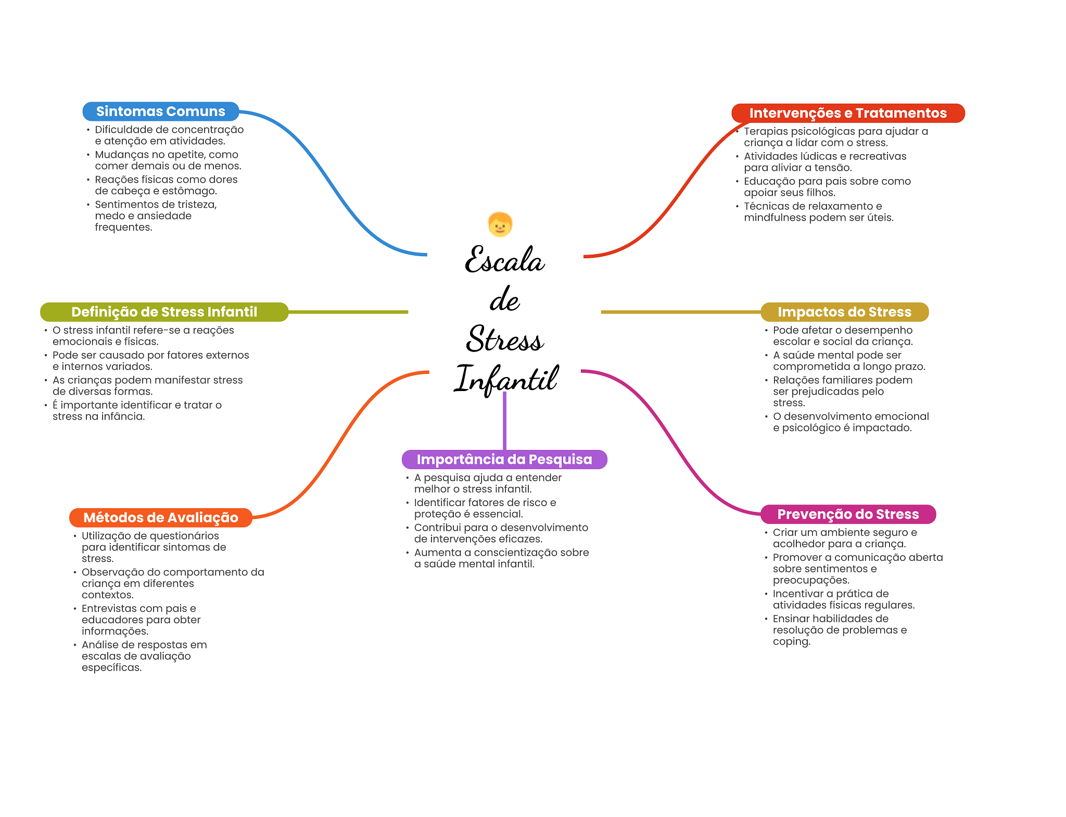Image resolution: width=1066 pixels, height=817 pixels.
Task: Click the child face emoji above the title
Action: coord(500,224)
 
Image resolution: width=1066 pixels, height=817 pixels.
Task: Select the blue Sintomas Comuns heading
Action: coord(161,111)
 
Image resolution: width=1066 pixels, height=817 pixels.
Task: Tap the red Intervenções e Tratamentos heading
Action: coord(848,113)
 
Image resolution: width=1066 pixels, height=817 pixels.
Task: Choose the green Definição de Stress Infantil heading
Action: coord(164,312)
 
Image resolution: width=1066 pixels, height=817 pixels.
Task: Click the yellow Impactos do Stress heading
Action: coord(844,312)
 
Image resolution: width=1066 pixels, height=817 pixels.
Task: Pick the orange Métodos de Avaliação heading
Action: coord(161,518)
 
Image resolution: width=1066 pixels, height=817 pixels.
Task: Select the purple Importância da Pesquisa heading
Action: coord(504,459)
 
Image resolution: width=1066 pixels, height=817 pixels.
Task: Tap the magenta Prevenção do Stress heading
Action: coord(848,514)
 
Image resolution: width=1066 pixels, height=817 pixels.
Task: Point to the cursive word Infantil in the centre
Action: coord(506,379)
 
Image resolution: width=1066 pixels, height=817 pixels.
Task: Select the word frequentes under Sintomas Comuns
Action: coord(123,228)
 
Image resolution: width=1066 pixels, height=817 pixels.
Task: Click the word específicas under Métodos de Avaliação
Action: coord(111,668)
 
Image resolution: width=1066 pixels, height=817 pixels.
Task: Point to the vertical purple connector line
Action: coord(504,421)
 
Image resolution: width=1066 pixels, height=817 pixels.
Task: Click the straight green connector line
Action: coord(348,312)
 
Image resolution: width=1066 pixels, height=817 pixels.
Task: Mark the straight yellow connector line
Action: coord(681,312)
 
